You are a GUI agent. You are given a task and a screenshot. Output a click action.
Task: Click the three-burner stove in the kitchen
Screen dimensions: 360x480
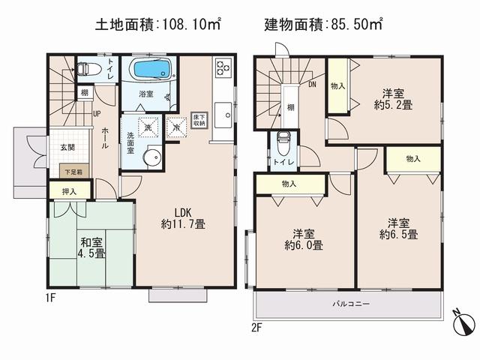(223, 68)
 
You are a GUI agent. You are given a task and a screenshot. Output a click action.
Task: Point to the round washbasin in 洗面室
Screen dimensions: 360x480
(153, 157)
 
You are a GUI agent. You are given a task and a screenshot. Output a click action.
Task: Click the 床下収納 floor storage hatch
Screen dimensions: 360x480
(199, 120)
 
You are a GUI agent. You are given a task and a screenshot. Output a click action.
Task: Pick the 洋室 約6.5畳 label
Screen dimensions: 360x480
(399, 228)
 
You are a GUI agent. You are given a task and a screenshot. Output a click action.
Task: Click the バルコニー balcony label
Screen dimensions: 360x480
(352, 304)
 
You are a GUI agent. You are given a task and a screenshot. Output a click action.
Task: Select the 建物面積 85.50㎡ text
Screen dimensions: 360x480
(323, 25)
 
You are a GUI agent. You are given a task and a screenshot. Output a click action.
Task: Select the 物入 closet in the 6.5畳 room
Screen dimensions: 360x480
(412, 159)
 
